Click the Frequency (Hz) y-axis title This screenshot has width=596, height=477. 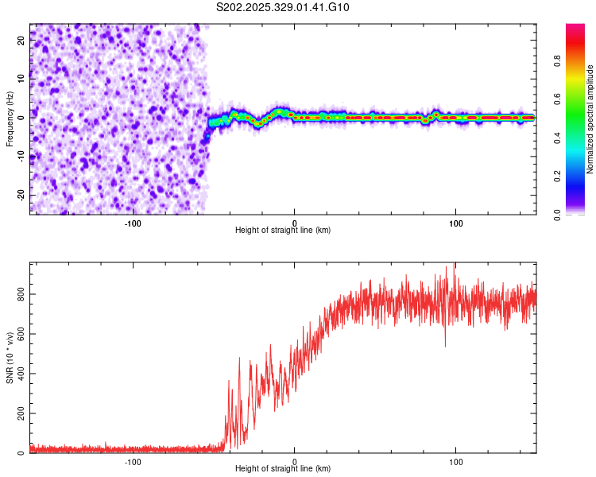(x=10, y=119)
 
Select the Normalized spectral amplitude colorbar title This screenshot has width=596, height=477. (x=590, y=119)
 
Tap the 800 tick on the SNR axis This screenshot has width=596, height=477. (x=19, y=294)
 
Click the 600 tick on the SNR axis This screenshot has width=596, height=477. (x=19, y=334)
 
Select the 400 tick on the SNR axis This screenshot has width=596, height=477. (x=19, y=374)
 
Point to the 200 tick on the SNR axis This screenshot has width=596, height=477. (x=19, y=414)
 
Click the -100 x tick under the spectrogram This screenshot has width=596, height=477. (x=133, y=222)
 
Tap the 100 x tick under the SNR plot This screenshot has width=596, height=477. (x=456, y=461)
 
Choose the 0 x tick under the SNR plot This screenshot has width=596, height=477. (x=295, y=461)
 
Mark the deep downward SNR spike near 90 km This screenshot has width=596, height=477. (x=445, y=345)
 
